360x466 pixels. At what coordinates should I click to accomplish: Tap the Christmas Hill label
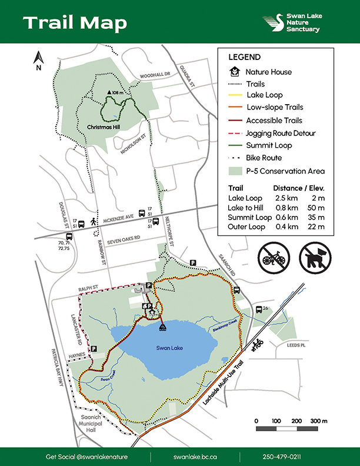click(103, 127)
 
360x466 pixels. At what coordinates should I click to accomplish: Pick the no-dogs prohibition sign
click(316, 255)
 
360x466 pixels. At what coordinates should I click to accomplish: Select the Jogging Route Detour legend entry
click(281, 133)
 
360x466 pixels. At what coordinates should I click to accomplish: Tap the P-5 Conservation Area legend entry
click(286, 171)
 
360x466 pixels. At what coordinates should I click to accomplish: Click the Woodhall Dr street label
click(155, 76)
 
